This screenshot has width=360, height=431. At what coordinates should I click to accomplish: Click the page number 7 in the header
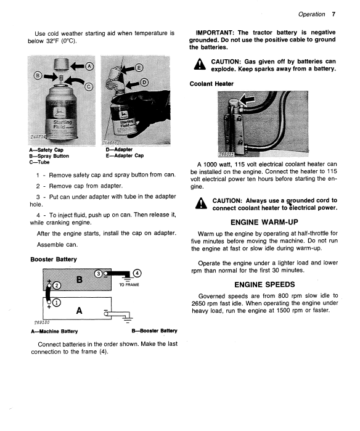pos(333,14)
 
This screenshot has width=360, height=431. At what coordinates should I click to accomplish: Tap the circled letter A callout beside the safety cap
pos(89,67)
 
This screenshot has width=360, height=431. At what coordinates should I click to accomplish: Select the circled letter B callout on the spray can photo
pos(38,76)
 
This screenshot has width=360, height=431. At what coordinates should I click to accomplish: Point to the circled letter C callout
pos(89,87)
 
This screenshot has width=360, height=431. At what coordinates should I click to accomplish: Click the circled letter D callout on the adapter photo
pos(144,82)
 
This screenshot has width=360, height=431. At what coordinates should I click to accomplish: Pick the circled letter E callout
pos(139,68)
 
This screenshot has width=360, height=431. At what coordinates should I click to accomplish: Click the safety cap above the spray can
pos(61,64)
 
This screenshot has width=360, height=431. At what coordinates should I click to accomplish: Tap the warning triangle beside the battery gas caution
pos(200,65)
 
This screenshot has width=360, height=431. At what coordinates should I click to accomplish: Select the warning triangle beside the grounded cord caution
pos(201,203)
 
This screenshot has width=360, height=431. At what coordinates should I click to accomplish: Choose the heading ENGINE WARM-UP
pos(264,222)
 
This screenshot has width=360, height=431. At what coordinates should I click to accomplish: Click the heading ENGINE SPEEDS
pos(264,284)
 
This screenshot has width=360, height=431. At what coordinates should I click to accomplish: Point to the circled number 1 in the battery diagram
pos(56,303)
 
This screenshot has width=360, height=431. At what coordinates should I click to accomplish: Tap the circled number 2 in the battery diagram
pos(57,285)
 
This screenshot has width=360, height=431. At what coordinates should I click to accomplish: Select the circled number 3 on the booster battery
pos(98,274)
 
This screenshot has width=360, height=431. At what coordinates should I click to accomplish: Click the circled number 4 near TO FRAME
pos(137,274)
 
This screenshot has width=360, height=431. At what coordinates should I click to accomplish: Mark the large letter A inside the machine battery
pos(79,311)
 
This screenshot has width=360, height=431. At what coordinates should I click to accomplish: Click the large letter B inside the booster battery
pos(80,280)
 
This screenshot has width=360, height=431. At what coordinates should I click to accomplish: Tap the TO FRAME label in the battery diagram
pos(129,285)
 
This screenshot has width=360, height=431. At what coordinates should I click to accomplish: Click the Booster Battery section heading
pos(54,259)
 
